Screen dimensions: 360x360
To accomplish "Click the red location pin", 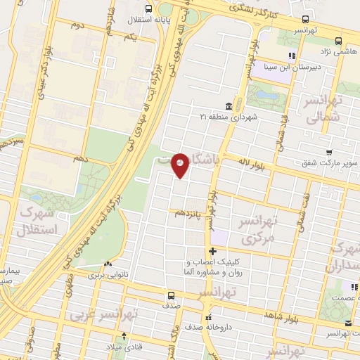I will (181, 165).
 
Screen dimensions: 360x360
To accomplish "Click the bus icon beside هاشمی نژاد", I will (338, 40).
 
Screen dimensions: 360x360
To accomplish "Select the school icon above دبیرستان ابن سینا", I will (290, 56).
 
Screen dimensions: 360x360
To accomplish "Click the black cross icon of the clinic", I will (212, 251).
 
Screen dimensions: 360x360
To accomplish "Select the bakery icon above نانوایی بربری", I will (107, 264).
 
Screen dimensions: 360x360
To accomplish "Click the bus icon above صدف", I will (172, 295).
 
